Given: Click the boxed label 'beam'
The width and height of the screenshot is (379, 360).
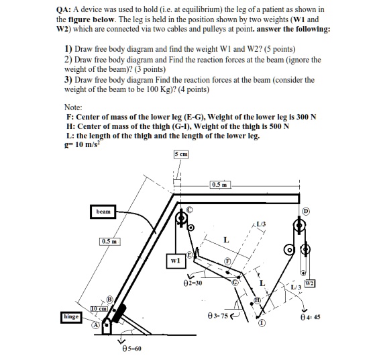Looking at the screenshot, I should (x=103, y=211).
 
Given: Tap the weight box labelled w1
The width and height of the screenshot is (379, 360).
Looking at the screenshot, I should (x=174, y=261).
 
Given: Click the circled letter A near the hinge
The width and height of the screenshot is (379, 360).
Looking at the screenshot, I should (x=96, y=324).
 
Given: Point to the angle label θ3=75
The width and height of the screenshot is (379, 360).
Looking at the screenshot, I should (x=219, y=315).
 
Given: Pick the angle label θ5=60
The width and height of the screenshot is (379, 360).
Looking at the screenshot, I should (x=133, y=349).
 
